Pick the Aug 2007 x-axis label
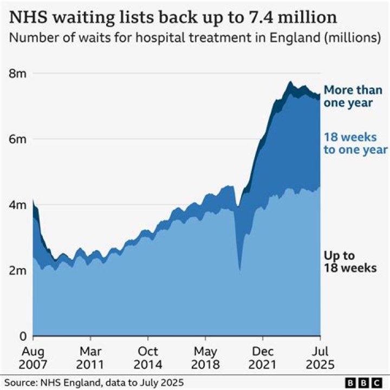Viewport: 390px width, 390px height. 33,356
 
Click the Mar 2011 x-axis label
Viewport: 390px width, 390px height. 90,356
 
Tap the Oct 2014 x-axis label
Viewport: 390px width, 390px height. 148,356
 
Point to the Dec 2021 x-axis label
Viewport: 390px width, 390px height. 263,356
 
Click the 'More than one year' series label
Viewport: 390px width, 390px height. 353,96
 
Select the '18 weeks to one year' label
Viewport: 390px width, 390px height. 355,144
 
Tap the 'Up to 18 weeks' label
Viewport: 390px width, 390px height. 349,261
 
